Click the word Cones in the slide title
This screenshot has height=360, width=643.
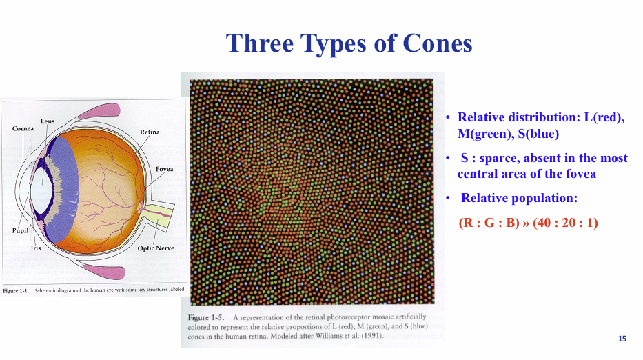point(438,43)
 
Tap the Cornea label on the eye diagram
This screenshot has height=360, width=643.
point(23,128)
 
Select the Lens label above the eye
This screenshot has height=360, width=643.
point(48,121)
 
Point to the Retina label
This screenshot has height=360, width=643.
point(150,132)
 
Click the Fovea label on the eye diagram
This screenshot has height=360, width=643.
point(165,169)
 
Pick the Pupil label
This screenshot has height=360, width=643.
point(21,231)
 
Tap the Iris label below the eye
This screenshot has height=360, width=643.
point(36,248)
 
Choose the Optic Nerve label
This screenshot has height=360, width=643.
point(156,248)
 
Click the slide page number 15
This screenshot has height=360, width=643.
point(622,339)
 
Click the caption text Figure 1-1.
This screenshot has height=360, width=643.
point(16,291)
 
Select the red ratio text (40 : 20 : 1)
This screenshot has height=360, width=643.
point(566,223)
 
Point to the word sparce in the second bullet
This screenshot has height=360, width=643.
point(498,158)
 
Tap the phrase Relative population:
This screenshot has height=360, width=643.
point(519,198)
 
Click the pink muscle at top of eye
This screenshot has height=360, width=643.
point(100,111)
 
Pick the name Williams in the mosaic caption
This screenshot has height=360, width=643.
point(329,336)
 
